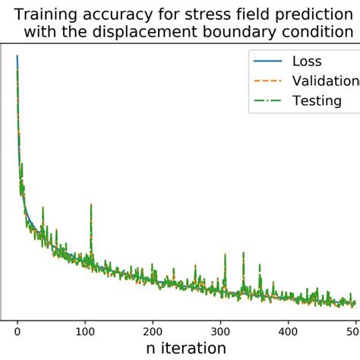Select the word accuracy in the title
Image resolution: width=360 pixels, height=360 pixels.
tap(109, 13)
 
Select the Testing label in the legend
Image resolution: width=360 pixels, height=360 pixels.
tap(317, 100)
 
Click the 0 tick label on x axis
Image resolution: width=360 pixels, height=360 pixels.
tap(17, 330)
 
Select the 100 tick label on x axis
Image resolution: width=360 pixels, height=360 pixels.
tap(85, 330)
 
